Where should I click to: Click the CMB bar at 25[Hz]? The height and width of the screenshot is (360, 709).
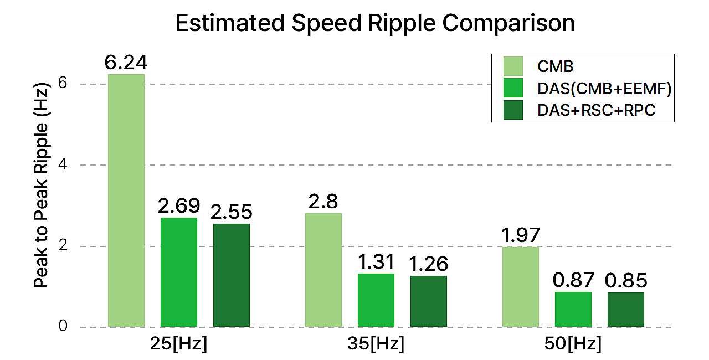click(126, 200)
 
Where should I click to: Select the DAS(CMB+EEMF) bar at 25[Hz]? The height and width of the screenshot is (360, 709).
click(178, 272)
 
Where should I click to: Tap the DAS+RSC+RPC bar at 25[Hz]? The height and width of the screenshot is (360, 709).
click(231, 275)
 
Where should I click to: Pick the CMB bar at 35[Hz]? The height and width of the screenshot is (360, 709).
click(323, 270)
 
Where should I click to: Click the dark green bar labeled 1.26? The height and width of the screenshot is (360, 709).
click(428, 301)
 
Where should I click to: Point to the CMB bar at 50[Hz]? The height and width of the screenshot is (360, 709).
click(521, 287)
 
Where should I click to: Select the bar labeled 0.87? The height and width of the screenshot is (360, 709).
click(573, 309)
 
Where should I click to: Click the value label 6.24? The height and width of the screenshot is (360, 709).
click(126, 63)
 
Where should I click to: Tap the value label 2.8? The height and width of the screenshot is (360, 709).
click(323, 202)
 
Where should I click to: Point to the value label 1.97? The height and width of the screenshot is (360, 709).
click(521, 235)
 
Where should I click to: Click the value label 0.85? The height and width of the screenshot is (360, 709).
click(626, 280)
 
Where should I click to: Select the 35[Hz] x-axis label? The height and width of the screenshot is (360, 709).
click(377, 344)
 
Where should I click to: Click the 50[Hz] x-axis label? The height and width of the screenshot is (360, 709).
click(573, 344)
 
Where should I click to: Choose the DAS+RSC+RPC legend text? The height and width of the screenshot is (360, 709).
click(597, 111)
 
